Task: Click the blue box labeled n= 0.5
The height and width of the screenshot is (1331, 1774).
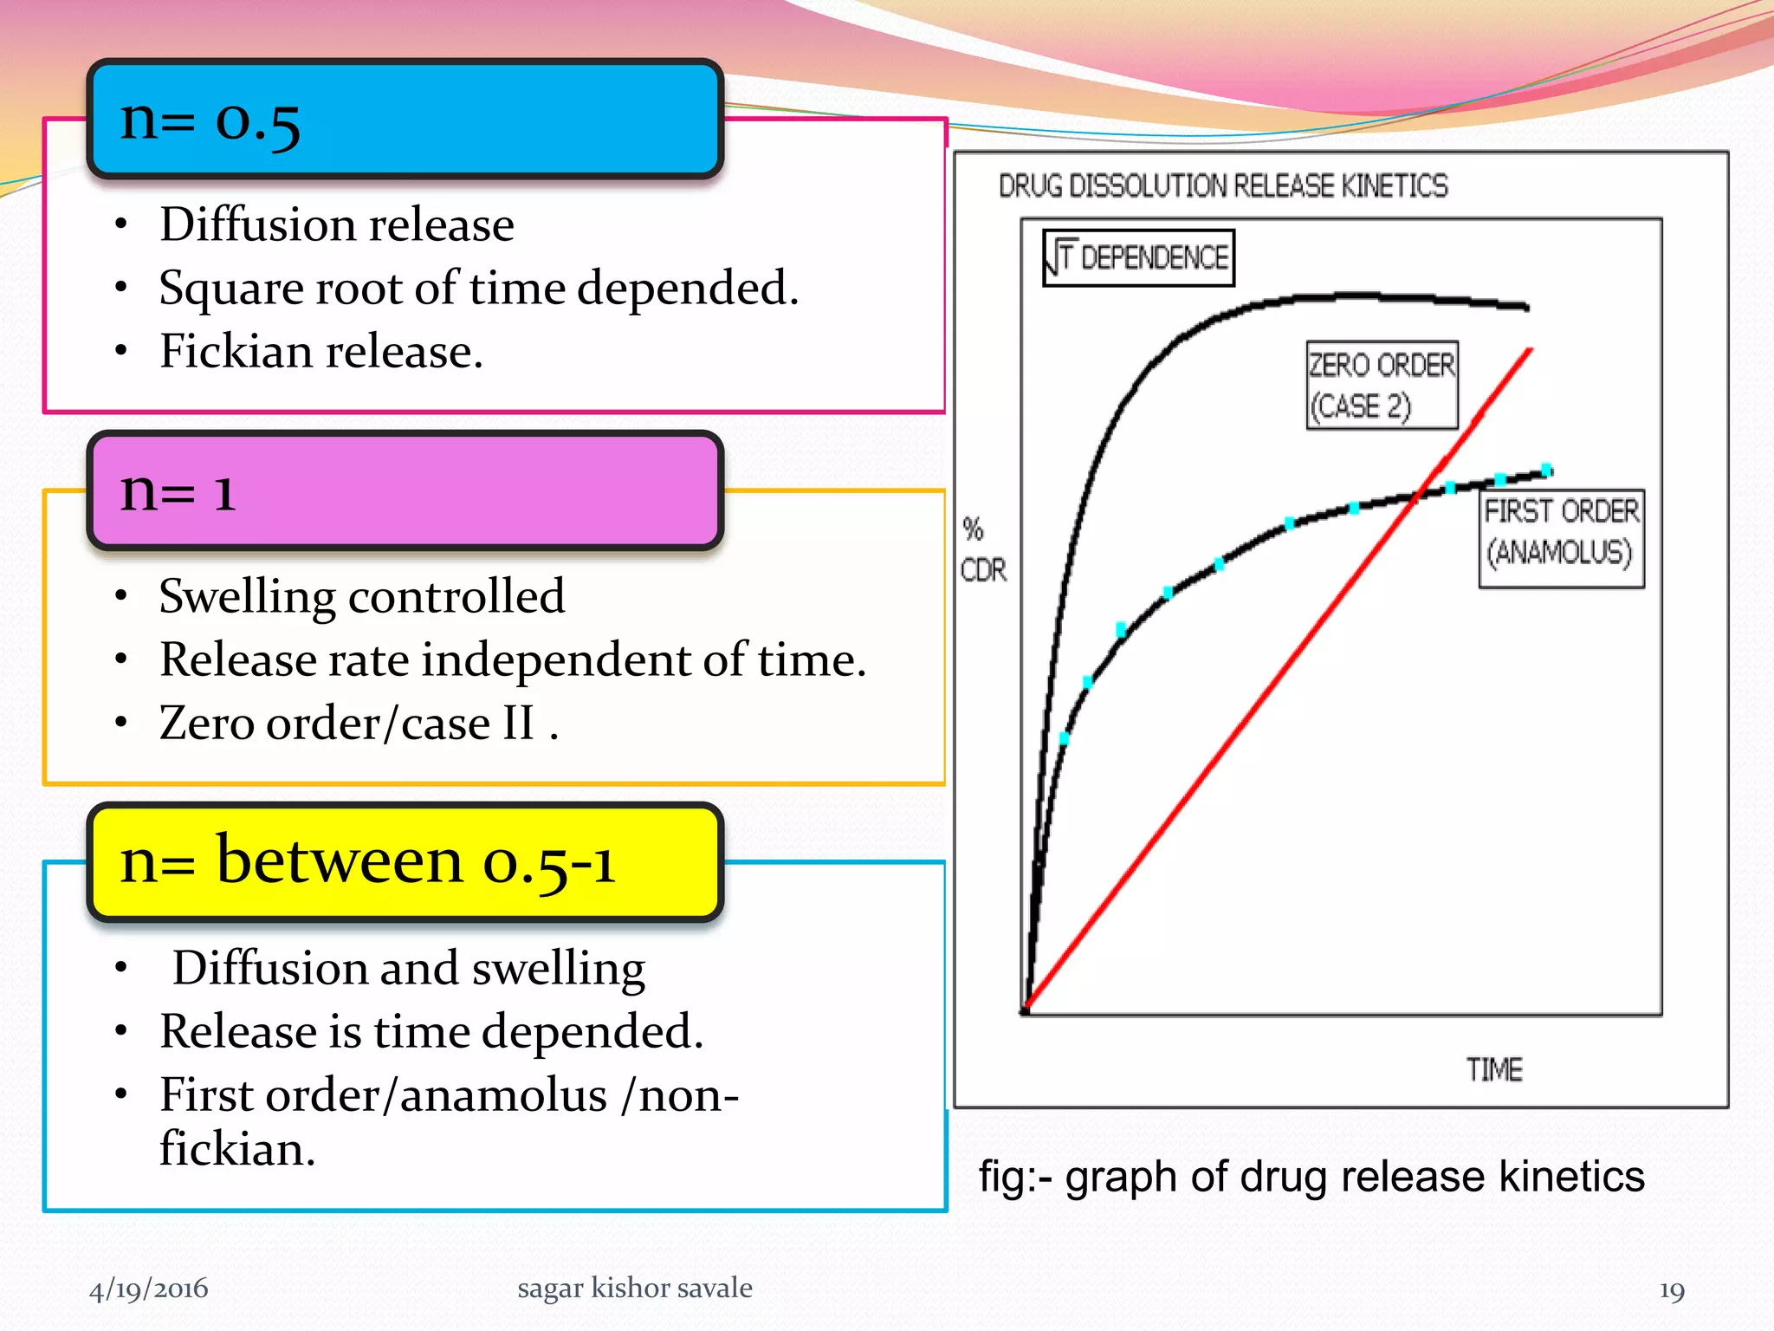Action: pyautogui.click(x=405, y=120)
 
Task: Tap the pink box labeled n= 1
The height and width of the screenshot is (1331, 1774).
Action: pyautogui.click(x=405, y=491)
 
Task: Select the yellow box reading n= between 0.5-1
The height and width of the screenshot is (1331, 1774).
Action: pyautogui.click(x=405, y=862)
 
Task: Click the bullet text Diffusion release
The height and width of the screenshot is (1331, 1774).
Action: pyautogui.click(x=336, y=225)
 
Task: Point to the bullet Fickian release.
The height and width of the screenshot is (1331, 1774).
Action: pyautogui.click(x=320, y=352)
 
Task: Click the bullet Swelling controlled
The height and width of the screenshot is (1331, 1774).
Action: pyautogui.click(x=361, y=597)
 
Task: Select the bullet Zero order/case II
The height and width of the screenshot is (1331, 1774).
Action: pyautogui.click(x=358, y=724)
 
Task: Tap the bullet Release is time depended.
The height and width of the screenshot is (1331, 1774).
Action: pyautogui.click(x=431, y=1032)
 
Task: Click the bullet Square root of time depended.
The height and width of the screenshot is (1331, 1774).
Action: pyautogui.click(x=478, y=289)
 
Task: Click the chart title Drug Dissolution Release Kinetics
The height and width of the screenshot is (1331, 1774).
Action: pyautogui.click(x=1222, y=186)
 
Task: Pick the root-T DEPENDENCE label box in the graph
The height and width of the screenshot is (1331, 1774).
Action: pyautogui.click(x=1138, y=258)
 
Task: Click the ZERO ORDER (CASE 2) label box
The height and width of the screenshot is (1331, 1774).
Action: pyautogui.click(x=1382, y=386)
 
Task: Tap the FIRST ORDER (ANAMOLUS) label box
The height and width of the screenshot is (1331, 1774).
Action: pyautogui.click(x=1561, y=539)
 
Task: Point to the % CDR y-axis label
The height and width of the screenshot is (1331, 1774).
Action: pyautogui.click(x=983, y=550)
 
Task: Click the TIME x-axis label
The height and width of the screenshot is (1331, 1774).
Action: pyautogui.click(x=1493, y=1070)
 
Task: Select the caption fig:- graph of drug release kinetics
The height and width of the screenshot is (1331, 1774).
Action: pyautogui.click(x=1311, y=1177)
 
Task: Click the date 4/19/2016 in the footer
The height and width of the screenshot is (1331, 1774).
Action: pyautogui.click(x=148, y=1289)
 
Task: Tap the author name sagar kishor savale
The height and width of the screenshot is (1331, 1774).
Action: pyautogui.click(x=634, y=1289)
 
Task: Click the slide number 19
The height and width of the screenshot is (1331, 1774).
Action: pyautogui.click(x=1671, y=1291)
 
